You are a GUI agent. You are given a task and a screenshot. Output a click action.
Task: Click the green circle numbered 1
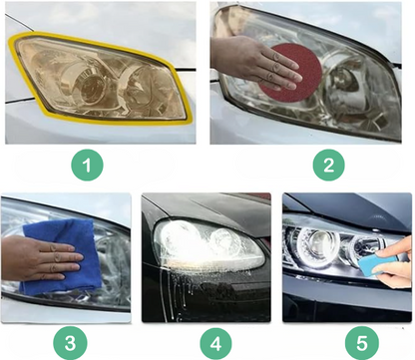[x=87, y=165]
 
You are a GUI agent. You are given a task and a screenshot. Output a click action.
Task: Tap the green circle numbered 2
[x=328, y=165]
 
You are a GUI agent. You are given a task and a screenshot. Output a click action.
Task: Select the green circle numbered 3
[x=70, y=343]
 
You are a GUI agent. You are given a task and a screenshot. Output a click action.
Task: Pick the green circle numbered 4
[x=215, y=343]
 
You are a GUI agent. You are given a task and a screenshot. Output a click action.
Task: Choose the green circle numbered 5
[x=362, y=343]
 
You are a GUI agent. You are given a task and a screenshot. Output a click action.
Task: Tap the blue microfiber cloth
[x=63, y=256]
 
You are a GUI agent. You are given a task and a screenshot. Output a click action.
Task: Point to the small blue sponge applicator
[x=376, y=263]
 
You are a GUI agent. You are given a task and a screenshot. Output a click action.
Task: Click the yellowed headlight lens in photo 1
[x=100, y=78]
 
